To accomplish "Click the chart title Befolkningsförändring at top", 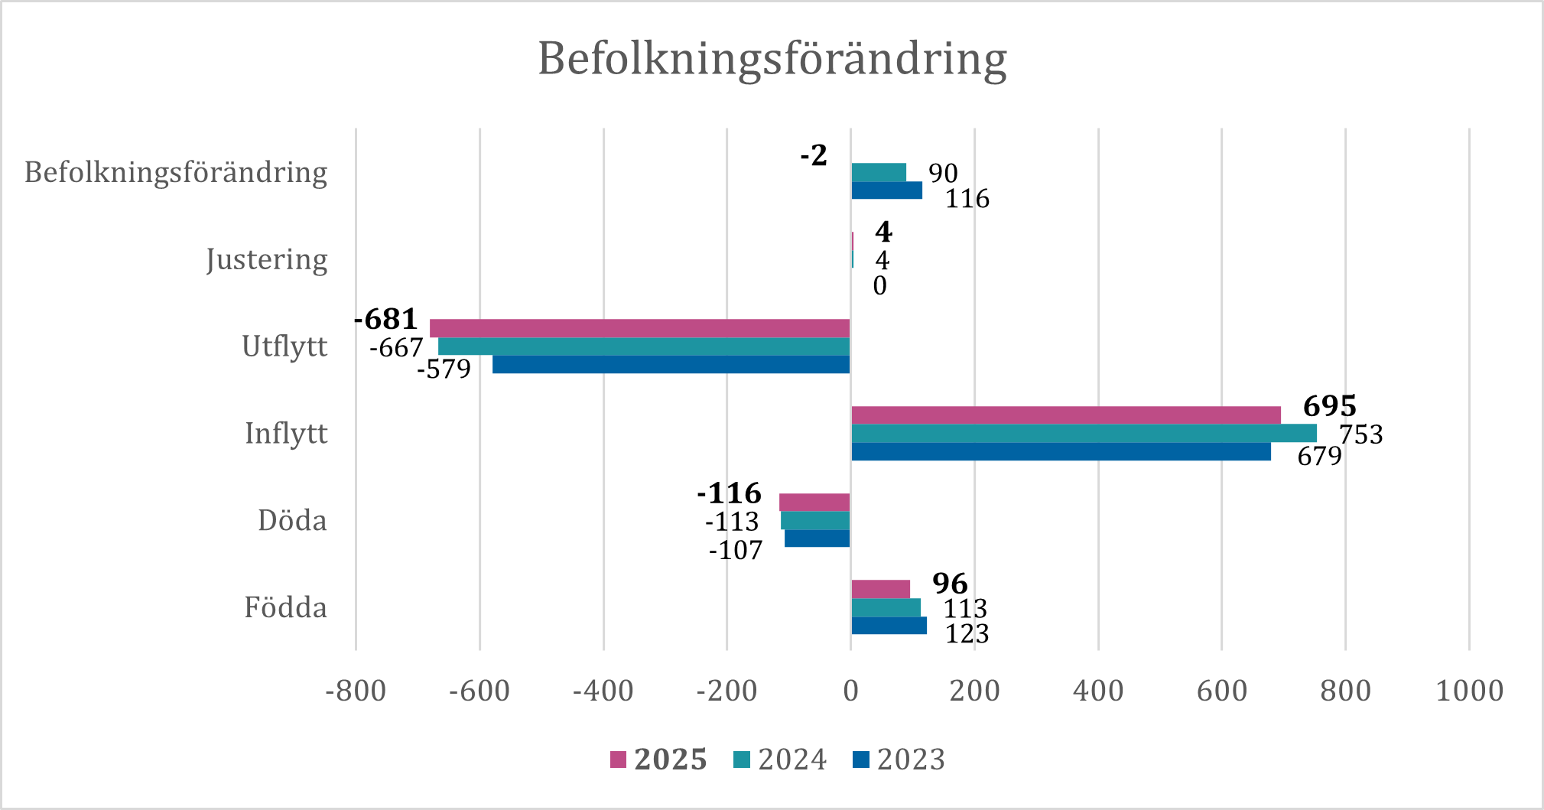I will (x=772, y=59).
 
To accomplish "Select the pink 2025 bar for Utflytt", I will (x=639, y=328).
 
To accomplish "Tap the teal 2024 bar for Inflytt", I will (x=1084, y=433).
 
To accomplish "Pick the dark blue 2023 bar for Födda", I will (x=889, y=626).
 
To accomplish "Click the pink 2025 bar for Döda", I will (x=814, y=503).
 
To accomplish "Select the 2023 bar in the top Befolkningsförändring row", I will (x=886, y=190).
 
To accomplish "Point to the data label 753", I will (x=1360, y=434).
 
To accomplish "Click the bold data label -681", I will (x=386, y=318).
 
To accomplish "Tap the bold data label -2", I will (x=814, y=155).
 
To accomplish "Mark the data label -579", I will (x=444, y=369).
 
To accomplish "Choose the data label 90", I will (x=943, y=174).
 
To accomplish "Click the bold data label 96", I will (x=950, y=584).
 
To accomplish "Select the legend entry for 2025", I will (x=658, y=760).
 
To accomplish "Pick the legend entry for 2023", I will (x=899, y=760).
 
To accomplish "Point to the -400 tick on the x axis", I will (x=603, y=691).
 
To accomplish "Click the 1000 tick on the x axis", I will (x=1469, y=691).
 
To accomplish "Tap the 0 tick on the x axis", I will (x=850, y=691).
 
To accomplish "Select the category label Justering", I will (x=266, y=259).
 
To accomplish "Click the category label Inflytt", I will (x=285, y=434).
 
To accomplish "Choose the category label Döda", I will (x=292, y=521).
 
